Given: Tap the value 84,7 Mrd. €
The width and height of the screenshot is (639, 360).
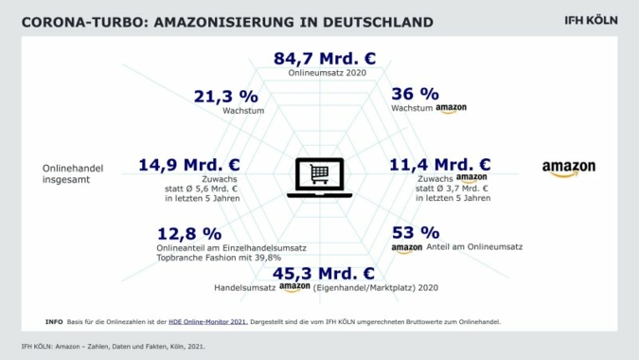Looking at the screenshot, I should point(325,58).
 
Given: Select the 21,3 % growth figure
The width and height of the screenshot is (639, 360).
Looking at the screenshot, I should point(226,96).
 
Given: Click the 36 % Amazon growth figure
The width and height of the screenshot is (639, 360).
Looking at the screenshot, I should point(415,94).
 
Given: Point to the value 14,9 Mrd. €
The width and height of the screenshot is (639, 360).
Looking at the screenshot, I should point(188,165).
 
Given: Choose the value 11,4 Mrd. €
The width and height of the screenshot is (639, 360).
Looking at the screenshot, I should point(439,165).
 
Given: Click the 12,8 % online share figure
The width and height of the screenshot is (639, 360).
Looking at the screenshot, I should point(189,233).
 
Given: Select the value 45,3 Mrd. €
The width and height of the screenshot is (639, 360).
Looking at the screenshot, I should point(324,274).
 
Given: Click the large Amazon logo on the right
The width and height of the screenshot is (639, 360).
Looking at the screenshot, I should point(569,169).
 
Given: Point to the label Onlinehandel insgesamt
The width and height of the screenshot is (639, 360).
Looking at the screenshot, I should point(73,172).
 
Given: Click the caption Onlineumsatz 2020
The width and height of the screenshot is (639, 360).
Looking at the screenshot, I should point(324,73).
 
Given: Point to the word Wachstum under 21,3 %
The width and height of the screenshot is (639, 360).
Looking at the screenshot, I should point(241,111).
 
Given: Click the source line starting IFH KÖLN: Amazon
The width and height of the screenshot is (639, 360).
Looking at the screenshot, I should point(113,346).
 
